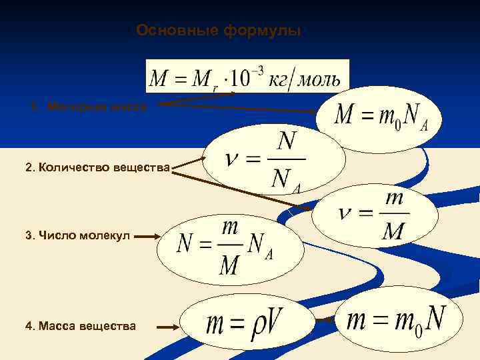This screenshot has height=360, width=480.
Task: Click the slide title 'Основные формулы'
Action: (x=219, y=31)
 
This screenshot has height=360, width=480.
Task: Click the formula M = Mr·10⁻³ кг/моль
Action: (x=247, y=77)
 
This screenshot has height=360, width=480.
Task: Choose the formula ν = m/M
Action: (x=375, y=215)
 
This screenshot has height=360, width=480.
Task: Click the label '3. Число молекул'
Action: (x=77, y=235)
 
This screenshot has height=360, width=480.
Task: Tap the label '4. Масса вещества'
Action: (x=81, y=326)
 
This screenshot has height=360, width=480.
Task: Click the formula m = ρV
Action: (x=246, y=325)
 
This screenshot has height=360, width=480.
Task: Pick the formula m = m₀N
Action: (x=396, y=321)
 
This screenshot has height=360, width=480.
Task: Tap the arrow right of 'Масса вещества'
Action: (x=167, y=326)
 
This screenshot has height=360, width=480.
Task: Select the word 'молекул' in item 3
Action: (x=108, y=235)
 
